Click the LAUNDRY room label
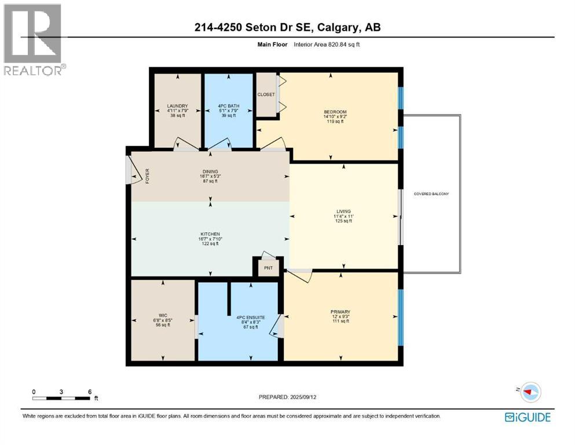[177, 106]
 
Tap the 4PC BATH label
[228, 106]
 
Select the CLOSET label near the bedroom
[266, 94]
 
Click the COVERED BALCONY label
[431, 194]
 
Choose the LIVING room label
[343, 211]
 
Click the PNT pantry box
[269, 268]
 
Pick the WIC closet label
[163, 315]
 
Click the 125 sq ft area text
[343, 221]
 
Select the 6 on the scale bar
[90, 391]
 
